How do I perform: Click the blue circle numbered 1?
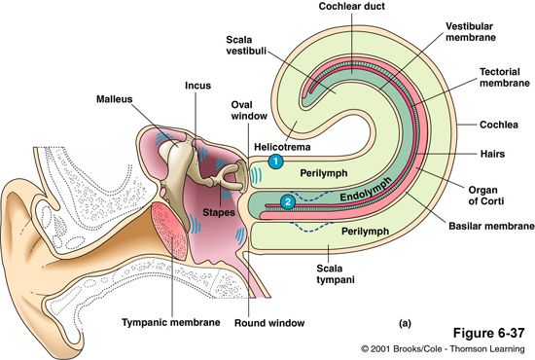point(275,162)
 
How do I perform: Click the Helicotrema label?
point(281,146)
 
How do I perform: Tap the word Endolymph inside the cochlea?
point(366,196)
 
